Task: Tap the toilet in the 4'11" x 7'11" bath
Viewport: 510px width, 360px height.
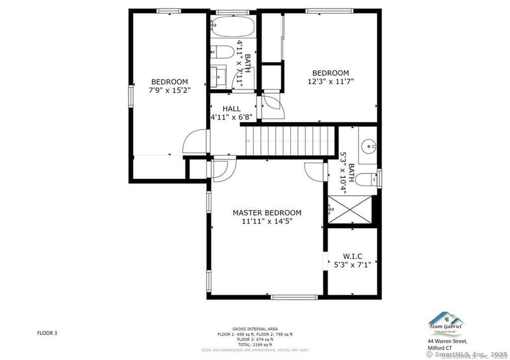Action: point(222,52)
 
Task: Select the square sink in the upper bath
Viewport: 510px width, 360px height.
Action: point(219,76)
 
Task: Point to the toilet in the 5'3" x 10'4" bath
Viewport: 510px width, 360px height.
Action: point(367,179)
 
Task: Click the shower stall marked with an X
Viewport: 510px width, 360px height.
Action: point(349,209)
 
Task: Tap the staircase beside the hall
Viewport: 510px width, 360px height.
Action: point(289,141)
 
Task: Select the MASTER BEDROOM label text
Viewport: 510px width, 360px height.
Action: point(267,213)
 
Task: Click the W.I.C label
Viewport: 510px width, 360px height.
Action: point(352,256)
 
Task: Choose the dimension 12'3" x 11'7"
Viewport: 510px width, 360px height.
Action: point(330,81)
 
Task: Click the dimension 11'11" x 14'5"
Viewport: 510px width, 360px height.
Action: point(267,221)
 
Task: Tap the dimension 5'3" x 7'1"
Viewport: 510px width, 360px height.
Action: point(352,265)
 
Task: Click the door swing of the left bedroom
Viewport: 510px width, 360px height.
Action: point(196,142)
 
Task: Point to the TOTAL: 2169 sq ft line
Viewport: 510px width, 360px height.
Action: point(254,344)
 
